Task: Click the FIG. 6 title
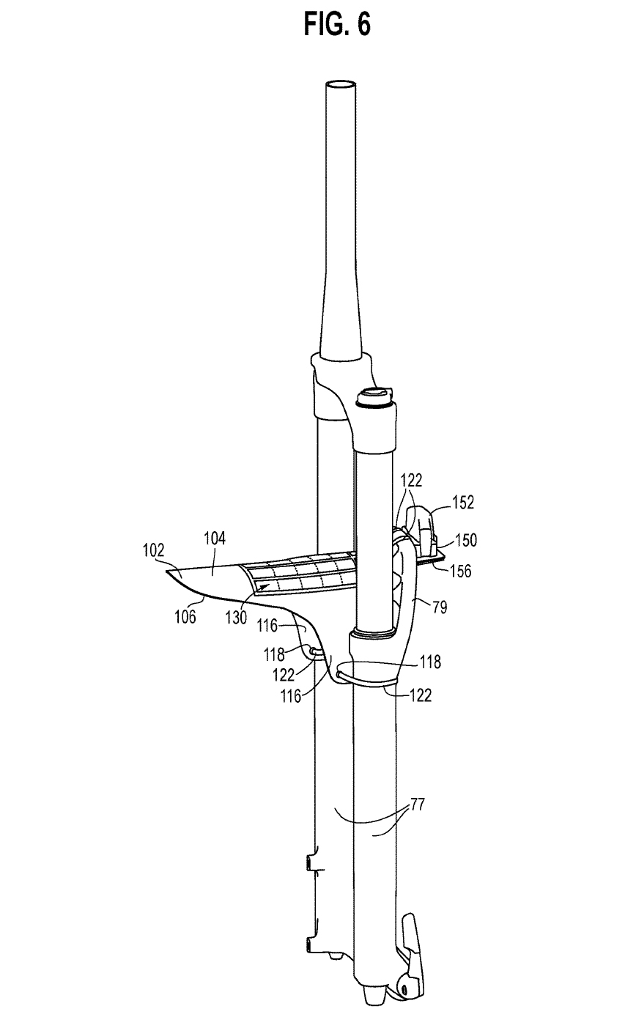336,24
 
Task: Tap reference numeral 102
155,549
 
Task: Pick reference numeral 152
463,503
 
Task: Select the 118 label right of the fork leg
431,662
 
